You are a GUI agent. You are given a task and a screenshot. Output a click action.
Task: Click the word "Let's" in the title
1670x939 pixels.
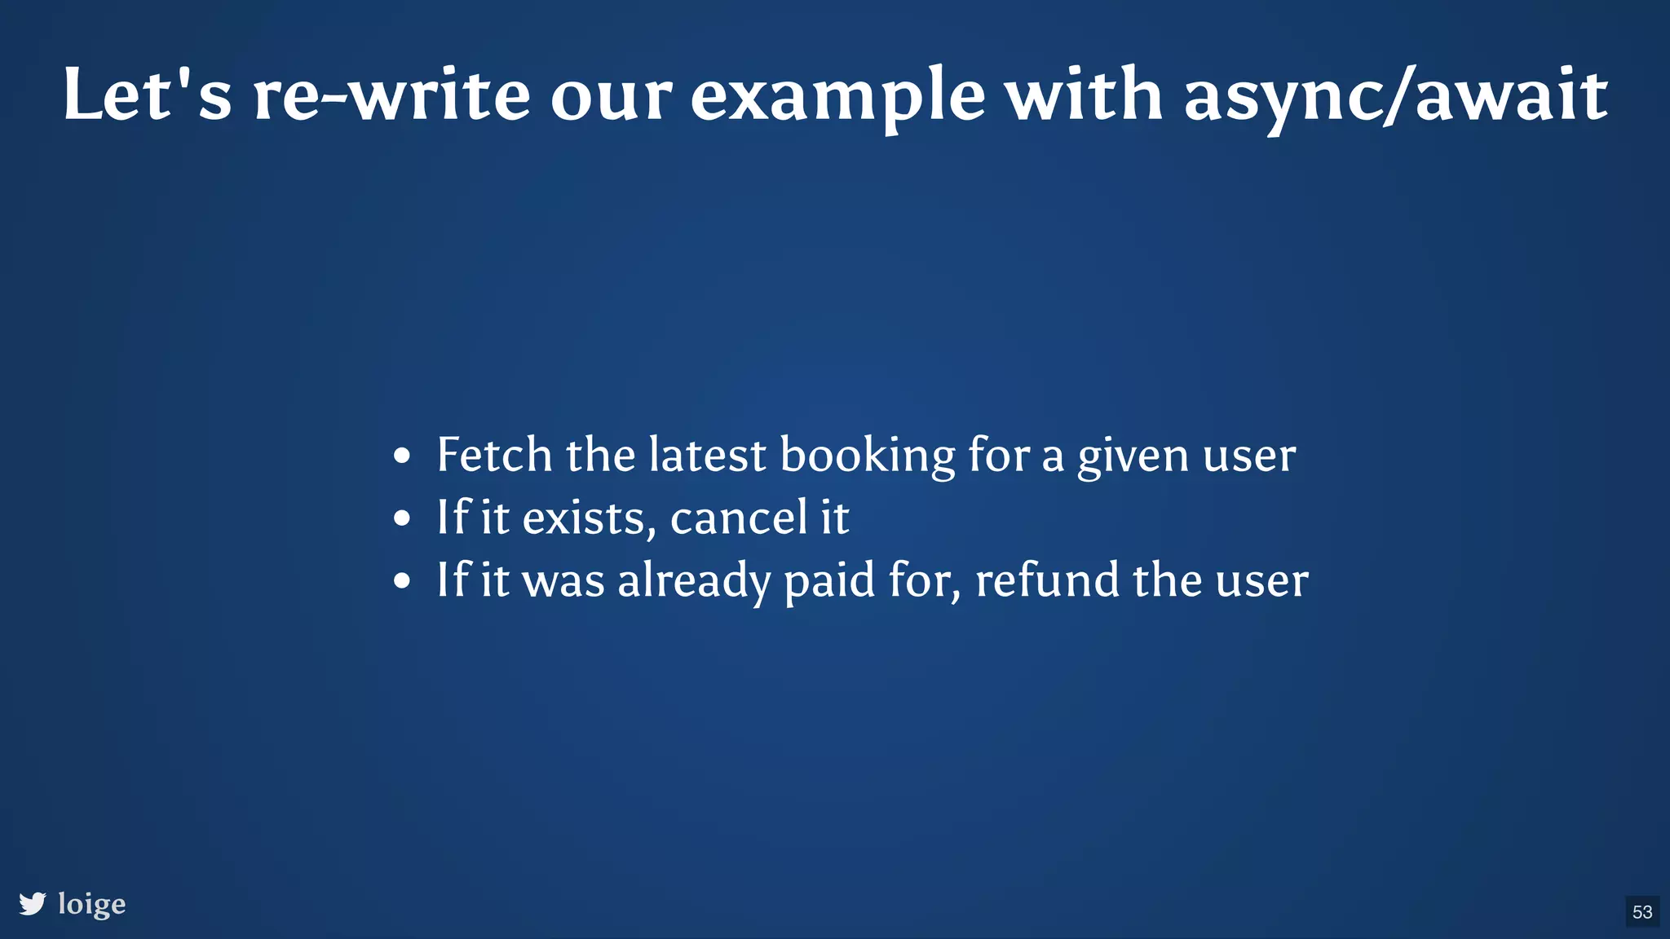[x=147, y=95]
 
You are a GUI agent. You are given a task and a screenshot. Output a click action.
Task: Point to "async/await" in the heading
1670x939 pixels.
[x=1395, y=96]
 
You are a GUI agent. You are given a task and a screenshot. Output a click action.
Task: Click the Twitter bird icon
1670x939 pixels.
[x=33, y=904]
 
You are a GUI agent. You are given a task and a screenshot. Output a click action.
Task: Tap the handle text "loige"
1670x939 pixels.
[x=92, y=904]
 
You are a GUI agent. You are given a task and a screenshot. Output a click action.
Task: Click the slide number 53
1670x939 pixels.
[x=1642, y=911]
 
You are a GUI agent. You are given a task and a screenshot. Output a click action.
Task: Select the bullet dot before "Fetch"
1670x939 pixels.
[x=401, y=456]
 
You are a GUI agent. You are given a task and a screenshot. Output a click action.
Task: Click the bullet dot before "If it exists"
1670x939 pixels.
[x=401, y=518]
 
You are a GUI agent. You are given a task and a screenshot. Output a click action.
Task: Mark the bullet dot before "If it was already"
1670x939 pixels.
[x=401, y=581]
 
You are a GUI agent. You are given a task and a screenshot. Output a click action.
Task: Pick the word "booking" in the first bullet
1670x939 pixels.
[x=868, y=456]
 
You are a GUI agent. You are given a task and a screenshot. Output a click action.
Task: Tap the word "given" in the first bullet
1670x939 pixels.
[x=1133, y=456]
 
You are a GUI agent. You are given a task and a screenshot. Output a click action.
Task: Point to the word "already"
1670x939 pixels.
[x=694, y=581]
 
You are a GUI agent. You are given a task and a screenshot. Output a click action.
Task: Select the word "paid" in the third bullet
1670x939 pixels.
[x=829, y=581]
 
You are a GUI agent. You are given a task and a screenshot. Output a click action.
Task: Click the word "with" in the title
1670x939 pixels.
[x=1083, y=95]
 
